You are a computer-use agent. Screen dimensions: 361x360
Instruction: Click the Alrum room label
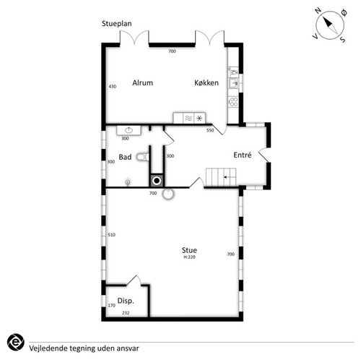pyautogui.click(x=142, y=82)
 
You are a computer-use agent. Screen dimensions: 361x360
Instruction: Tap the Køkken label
pyautogui.click(x=206, y=82)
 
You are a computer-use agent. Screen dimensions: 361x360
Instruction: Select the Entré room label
pyautogui.click(x=243, y=155)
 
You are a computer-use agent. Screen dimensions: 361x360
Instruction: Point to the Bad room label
pyautogui.click(x=125, y=157)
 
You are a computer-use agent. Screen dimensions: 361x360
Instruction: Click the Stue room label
pyautogui.click(x=189, y=250)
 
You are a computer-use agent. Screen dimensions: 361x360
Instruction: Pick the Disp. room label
pyautogui.click(x=126, y=301)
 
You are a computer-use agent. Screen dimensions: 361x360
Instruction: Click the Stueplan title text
pyautogui.click(x=117, y=24)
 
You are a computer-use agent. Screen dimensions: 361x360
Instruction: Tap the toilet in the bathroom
pyautogui.click(x=142, y=157)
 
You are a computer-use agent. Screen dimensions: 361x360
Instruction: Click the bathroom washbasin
pyautogui.click(x=129, y=130)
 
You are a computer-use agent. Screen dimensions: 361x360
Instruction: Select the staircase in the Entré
pyautogui.click(x=221, y=177)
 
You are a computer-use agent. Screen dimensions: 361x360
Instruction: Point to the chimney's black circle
pyautogui.click(x=157, y=181)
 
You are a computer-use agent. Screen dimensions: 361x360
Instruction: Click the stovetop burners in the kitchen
pyautogui.click(x=233, y=101)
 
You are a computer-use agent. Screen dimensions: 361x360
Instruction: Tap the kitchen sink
pyautogui.click(x=233, y=83)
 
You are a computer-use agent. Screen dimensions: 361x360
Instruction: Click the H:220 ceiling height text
pyautogui.click(x=189, y=257)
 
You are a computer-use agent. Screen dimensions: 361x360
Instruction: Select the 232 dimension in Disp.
pyautogui.click(x=126, y=313)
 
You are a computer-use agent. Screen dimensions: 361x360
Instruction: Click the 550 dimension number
pyautogui.click(x=210, y=130)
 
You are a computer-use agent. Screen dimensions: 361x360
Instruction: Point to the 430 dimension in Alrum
pyautogui.click(x=113, y=86)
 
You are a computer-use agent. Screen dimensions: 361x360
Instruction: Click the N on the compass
pyautogui.click(x=318, y=10)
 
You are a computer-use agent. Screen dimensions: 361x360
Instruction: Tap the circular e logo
pyautogui.click(x=16, y=342)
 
